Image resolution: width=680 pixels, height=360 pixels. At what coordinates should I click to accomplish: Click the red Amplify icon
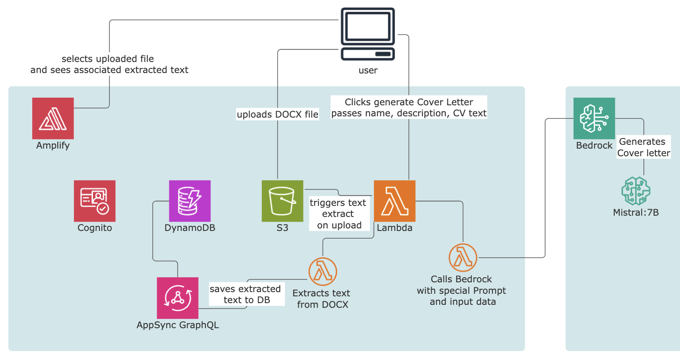click(53, 118)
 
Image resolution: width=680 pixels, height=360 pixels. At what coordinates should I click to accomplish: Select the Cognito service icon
click(95, 201)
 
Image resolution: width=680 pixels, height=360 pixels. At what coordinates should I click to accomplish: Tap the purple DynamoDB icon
click(190, 201)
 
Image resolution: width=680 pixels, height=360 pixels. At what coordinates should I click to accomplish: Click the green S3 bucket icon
click(282, 201)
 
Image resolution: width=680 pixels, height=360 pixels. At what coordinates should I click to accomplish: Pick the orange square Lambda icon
click(394, 201)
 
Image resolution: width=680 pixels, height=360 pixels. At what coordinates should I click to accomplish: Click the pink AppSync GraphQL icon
click(177, 298)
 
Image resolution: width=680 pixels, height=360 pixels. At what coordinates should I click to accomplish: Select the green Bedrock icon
click(594, 118)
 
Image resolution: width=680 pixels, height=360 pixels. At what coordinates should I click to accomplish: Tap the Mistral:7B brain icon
click(635, 191)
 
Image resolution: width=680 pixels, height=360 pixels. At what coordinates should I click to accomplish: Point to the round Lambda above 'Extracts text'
click(323, 271)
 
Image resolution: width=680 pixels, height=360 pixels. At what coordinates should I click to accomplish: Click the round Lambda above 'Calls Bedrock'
click(463, 257)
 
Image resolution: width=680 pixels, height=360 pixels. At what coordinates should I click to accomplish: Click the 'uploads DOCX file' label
click(278, 114)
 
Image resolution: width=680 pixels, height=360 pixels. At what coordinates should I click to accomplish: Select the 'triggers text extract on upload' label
click(338, 214)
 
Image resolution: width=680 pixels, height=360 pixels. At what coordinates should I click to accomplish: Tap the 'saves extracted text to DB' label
click(246, 294)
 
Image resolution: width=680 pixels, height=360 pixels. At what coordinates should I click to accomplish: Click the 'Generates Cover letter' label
click(643, 147)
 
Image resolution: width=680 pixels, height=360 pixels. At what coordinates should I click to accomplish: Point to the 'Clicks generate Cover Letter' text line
click(409, 102)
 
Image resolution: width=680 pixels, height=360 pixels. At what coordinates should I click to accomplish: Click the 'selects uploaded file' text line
click(108, 59)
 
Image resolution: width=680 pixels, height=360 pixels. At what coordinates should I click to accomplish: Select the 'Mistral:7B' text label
click(635, 212)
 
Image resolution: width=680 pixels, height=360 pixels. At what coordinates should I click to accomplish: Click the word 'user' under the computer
click(368, 70)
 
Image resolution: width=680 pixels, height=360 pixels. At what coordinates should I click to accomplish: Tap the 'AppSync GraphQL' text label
click(177, 325)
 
